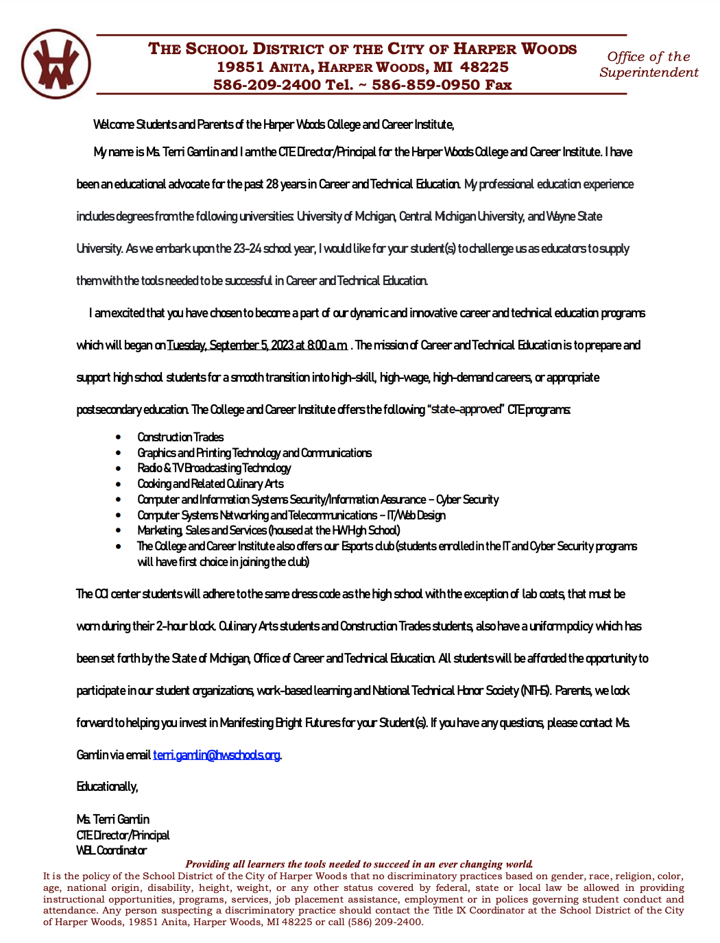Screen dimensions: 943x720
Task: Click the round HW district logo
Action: (x=56, y=64)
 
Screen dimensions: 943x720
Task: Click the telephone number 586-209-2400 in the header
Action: (x=267, y=85)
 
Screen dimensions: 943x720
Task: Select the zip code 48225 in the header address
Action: (x=484, y=67)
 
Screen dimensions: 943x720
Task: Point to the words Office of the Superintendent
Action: (x=648, y=64)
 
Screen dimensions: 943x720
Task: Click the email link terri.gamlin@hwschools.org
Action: (x=216, y=755)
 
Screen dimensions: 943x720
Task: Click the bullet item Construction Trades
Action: (x=180, y=437)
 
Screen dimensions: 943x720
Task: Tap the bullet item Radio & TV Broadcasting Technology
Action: (x=214, y=468)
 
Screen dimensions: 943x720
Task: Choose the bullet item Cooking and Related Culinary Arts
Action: (x=210, y=484)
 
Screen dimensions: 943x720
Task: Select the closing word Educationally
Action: (x=107, y=787)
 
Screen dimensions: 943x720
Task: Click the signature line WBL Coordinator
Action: (x=111, y=850)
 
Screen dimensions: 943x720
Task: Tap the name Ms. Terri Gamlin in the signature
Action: (x=112, y=820)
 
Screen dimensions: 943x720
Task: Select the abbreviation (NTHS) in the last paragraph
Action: (x=536, y=691)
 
